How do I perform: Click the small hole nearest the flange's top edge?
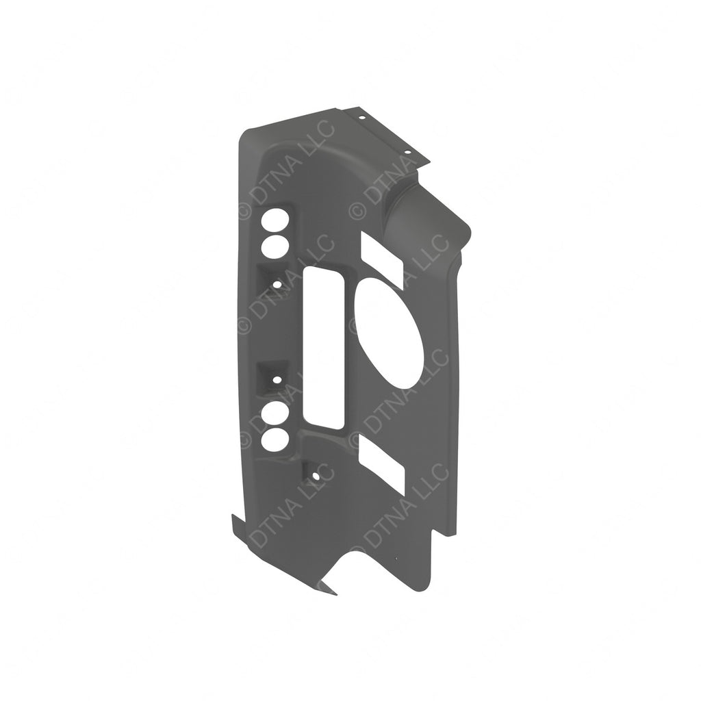362,117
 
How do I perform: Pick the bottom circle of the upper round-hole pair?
275,247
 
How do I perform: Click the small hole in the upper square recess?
276,283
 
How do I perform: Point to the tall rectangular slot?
324,347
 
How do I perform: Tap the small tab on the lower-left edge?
235,528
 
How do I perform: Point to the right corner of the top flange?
429,163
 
